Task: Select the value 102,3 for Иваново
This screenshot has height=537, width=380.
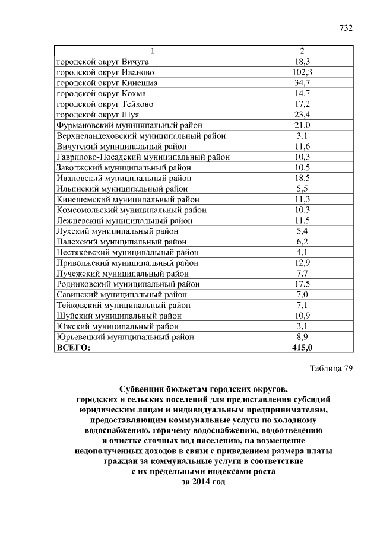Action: (302, 72)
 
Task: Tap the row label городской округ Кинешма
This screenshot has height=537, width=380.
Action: (107, 83)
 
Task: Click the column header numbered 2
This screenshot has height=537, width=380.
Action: (302, 51)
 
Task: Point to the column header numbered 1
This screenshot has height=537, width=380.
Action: (153, 51)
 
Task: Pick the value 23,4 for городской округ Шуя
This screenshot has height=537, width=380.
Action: (302, 115)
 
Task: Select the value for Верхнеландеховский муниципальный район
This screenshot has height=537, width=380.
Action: (302, 136)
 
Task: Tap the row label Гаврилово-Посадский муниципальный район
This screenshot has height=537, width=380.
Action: (143, 157)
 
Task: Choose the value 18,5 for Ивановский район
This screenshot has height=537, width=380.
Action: (302, 178)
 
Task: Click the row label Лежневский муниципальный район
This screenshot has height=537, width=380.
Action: (124, 220)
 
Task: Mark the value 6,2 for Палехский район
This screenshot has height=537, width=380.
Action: (302, 242)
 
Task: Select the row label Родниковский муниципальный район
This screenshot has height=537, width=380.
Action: (128, 284)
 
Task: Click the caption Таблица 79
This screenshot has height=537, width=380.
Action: (331, 368)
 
